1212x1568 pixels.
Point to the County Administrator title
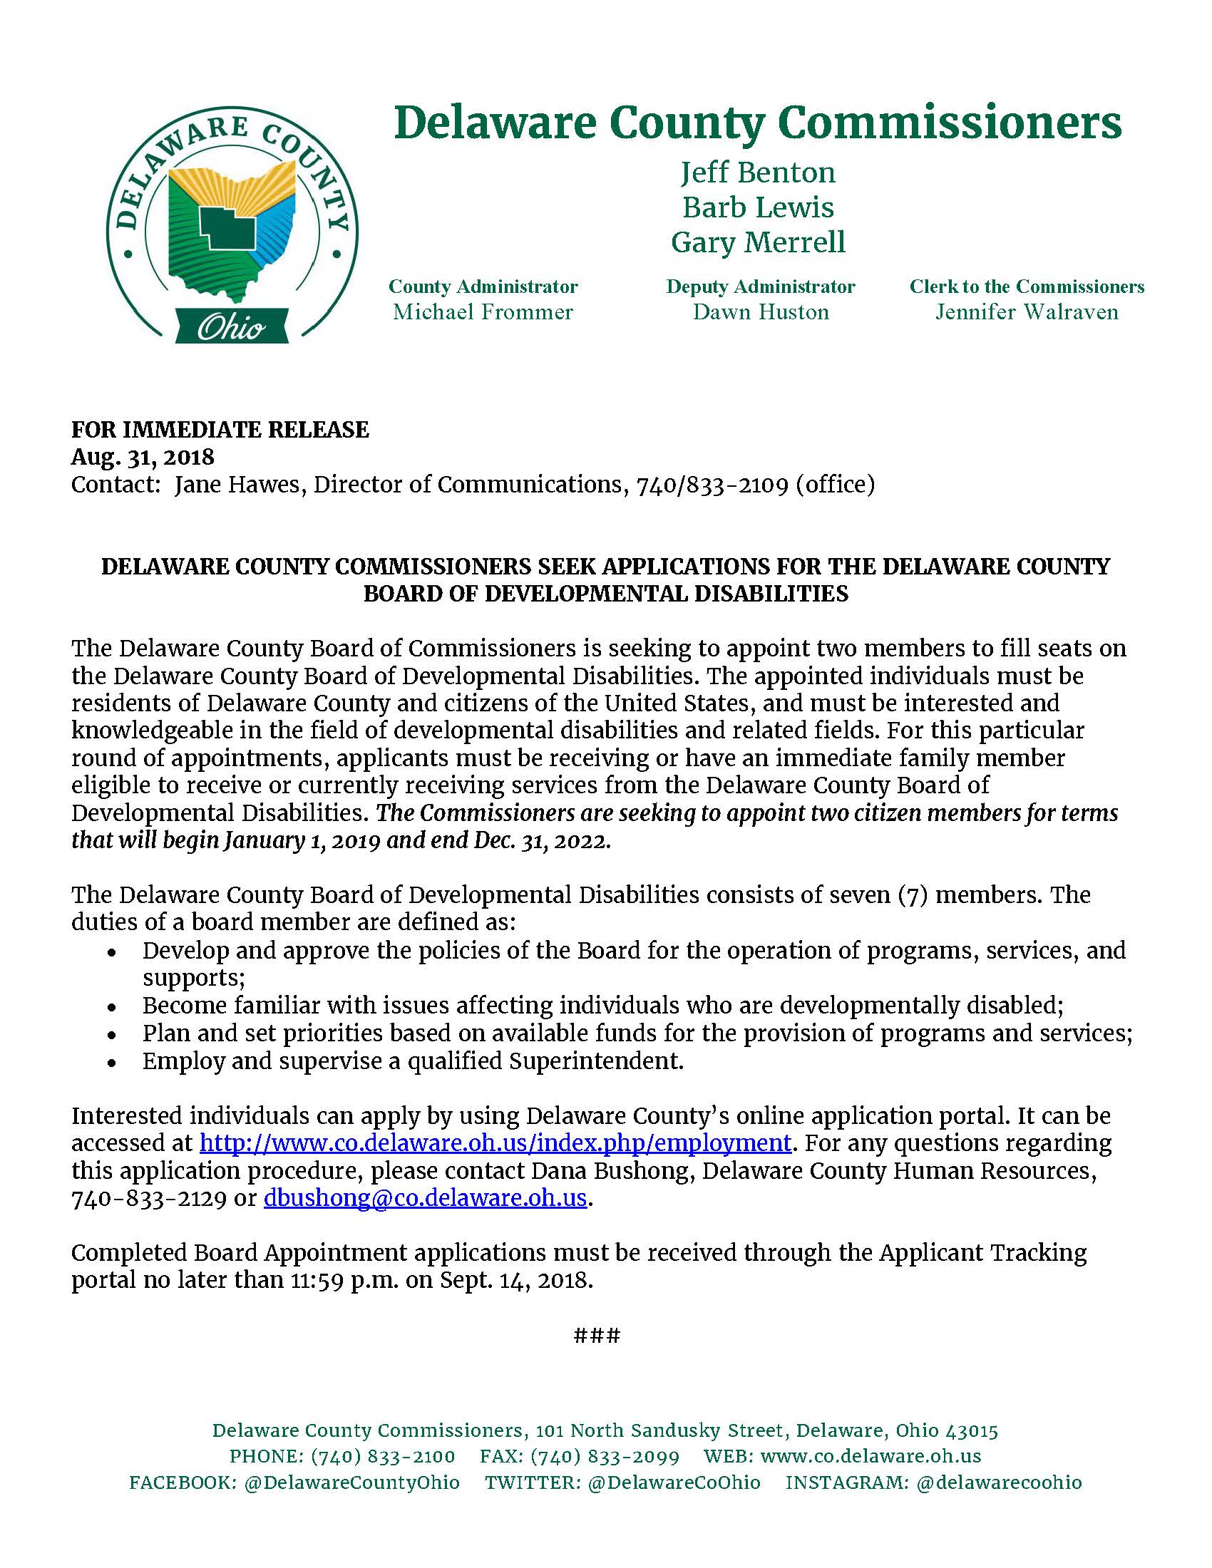point(483,287)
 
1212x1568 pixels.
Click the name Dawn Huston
point(761,312)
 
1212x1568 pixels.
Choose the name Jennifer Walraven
point(1026,312)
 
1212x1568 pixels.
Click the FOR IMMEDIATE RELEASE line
point(220,430)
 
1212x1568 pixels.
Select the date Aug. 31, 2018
point(142,458)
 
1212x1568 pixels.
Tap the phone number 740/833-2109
point(712,485)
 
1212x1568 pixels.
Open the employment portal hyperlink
point(495,1143)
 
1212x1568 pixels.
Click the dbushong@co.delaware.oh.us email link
point(425,1198)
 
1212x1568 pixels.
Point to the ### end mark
point(597,1336)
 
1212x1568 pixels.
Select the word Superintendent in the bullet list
point(595,1061)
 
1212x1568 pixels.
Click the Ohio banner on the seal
point(231,327)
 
